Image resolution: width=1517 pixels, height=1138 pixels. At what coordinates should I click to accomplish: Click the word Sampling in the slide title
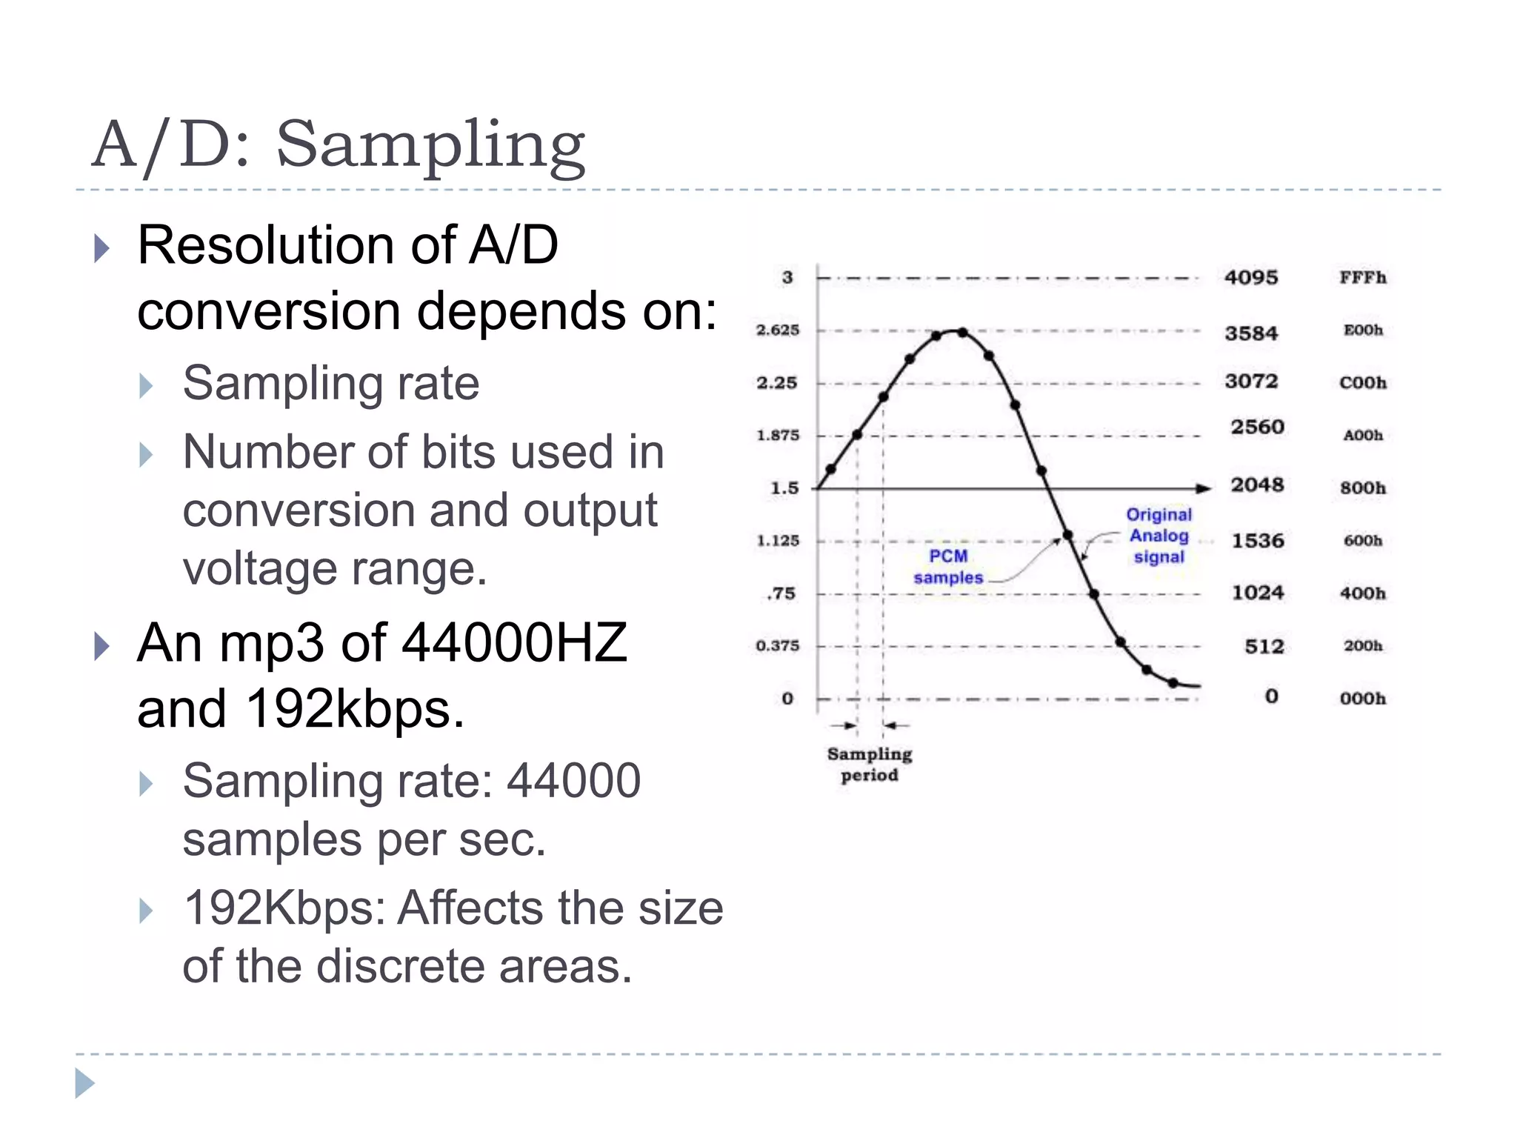(430, 146)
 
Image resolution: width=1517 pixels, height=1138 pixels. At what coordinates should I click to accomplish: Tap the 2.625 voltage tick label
(778, 330)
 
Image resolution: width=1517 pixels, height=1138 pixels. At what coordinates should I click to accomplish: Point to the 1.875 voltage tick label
(778, 436)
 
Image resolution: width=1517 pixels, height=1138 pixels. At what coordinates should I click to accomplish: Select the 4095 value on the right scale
(1251, 278)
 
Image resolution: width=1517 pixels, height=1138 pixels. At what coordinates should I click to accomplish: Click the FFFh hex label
(1362, 278)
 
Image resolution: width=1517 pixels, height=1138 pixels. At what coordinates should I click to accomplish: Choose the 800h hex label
(1362, 488)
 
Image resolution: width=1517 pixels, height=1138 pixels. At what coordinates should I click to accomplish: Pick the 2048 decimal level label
(1257, 485)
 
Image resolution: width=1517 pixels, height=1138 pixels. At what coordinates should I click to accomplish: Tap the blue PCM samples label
(948, 567)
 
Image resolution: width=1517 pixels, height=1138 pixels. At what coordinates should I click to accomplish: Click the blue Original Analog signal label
(1159, 536)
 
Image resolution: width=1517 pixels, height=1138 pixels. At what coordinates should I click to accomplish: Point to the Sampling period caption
(870, 765)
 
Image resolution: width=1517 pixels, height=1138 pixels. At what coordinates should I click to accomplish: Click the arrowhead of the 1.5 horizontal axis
(1204, 488)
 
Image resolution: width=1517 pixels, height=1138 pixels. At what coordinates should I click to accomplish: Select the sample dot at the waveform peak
(961, 333)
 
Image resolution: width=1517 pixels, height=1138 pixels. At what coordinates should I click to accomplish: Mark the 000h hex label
(1362, 699)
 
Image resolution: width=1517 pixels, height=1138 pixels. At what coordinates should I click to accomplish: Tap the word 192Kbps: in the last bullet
(284, 908)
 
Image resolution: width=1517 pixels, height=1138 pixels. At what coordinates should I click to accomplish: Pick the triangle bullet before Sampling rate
(146, 386)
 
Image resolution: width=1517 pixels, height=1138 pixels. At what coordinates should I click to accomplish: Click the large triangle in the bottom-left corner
(84, 1084)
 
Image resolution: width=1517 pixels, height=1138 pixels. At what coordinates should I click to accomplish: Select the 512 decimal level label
(1264, 647)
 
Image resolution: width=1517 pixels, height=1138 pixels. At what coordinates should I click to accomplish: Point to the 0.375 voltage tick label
(778, 646)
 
